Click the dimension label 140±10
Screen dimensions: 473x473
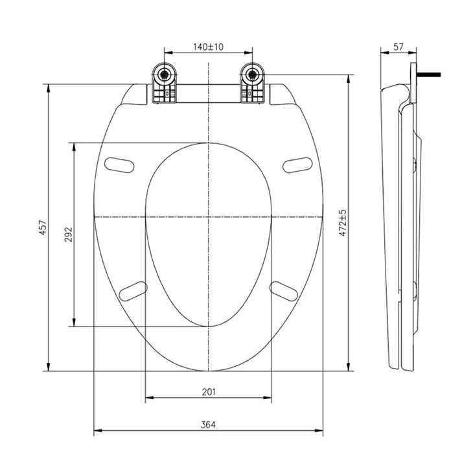tap(208, 47)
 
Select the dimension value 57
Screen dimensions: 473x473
tap(398, 47)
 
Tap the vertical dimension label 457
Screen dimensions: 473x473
tap(43, 227)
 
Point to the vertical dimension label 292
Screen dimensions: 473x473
tap(68, 234)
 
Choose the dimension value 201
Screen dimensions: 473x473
tap(208, 391)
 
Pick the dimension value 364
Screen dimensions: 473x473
tap(208, 425)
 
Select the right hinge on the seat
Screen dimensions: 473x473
tap(253, 85)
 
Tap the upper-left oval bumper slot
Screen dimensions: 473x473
tap(119, 165)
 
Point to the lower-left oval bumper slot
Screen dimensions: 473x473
tap(133, 290)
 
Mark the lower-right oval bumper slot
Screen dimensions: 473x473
tap(283, 291)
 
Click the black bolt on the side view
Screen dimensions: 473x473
tap(432, 74)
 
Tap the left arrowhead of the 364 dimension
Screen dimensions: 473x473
tap(96, 432)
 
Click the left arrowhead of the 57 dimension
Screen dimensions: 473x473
tap(381, 54)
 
